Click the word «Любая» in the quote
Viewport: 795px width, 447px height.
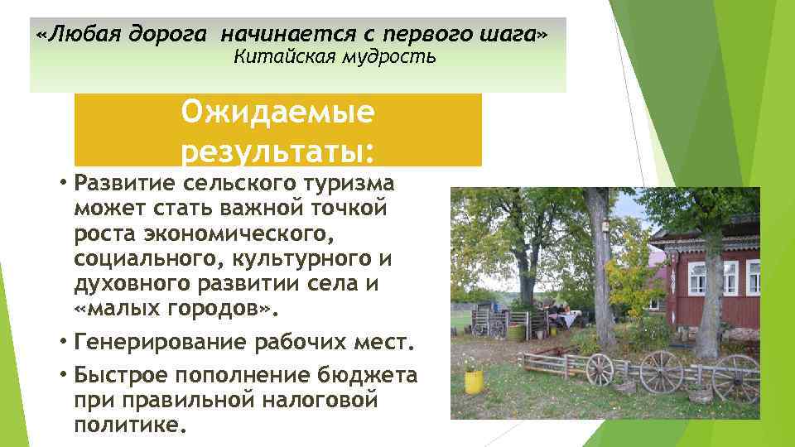[82, 35]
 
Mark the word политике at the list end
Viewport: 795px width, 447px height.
[125, 426]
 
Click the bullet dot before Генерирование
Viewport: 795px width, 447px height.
[63, 341]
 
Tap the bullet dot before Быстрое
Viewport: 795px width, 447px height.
[63, 375]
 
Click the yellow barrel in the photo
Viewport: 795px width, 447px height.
[475, 381]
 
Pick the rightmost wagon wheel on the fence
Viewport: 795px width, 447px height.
[735, 377]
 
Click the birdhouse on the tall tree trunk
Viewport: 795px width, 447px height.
[605, 226]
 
